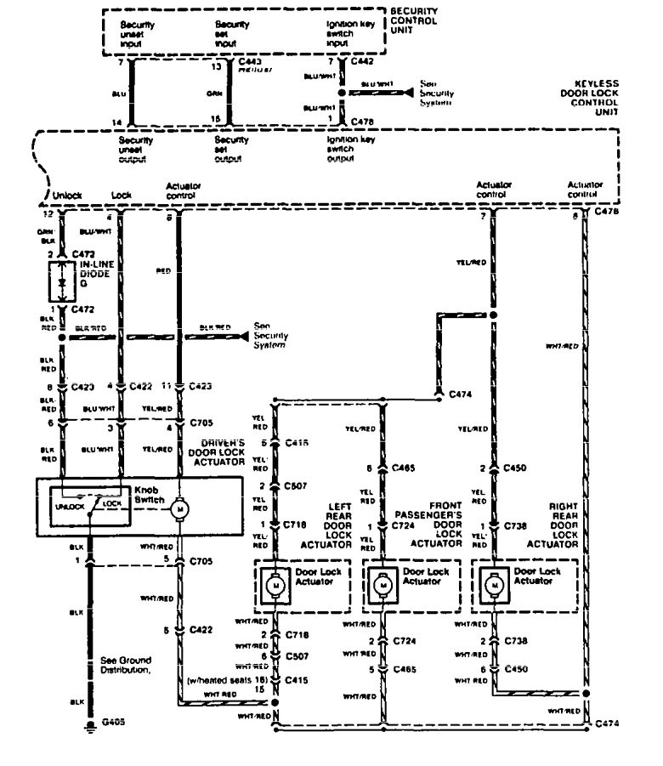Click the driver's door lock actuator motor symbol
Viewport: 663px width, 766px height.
179,508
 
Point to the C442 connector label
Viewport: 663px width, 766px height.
362,61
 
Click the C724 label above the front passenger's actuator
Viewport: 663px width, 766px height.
411,527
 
